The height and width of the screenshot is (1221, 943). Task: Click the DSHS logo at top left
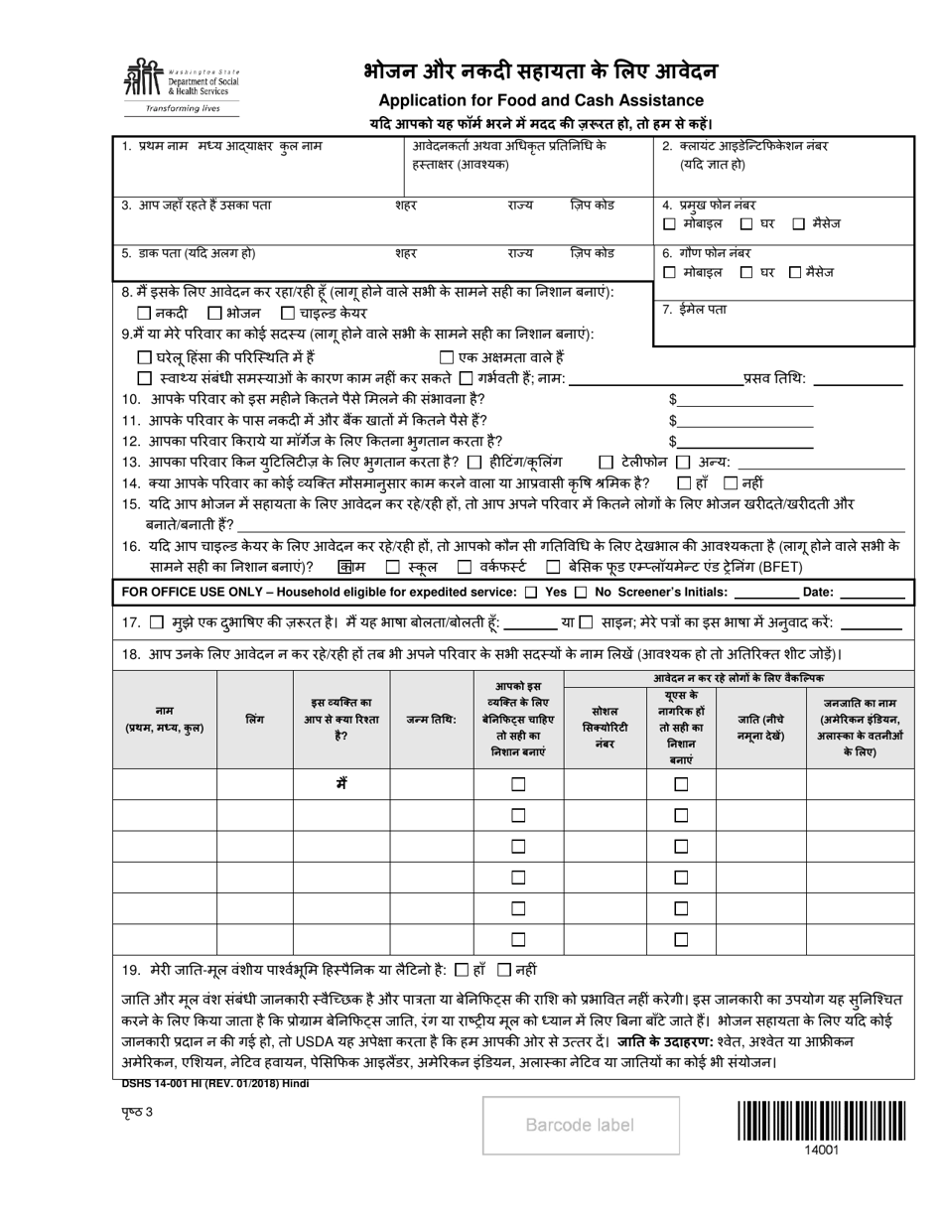click(x=180, y=85)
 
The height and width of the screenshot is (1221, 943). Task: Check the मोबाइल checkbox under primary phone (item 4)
click(x=670, y=224)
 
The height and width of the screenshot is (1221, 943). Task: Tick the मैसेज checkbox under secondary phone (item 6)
click(x=794, y=272)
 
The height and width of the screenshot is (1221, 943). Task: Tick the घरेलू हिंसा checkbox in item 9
click(x=144, y=357)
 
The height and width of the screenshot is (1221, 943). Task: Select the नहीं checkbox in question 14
click(x=731, y=483)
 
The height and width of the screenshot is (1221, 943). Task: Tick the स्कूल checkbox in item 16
click(x=392, y=567)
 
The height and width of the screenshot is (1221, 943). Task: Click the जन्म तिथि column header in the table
click(x=431, y=719)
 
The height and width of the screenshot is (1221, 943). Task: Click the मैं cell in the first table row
click(x=340, y=783)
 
